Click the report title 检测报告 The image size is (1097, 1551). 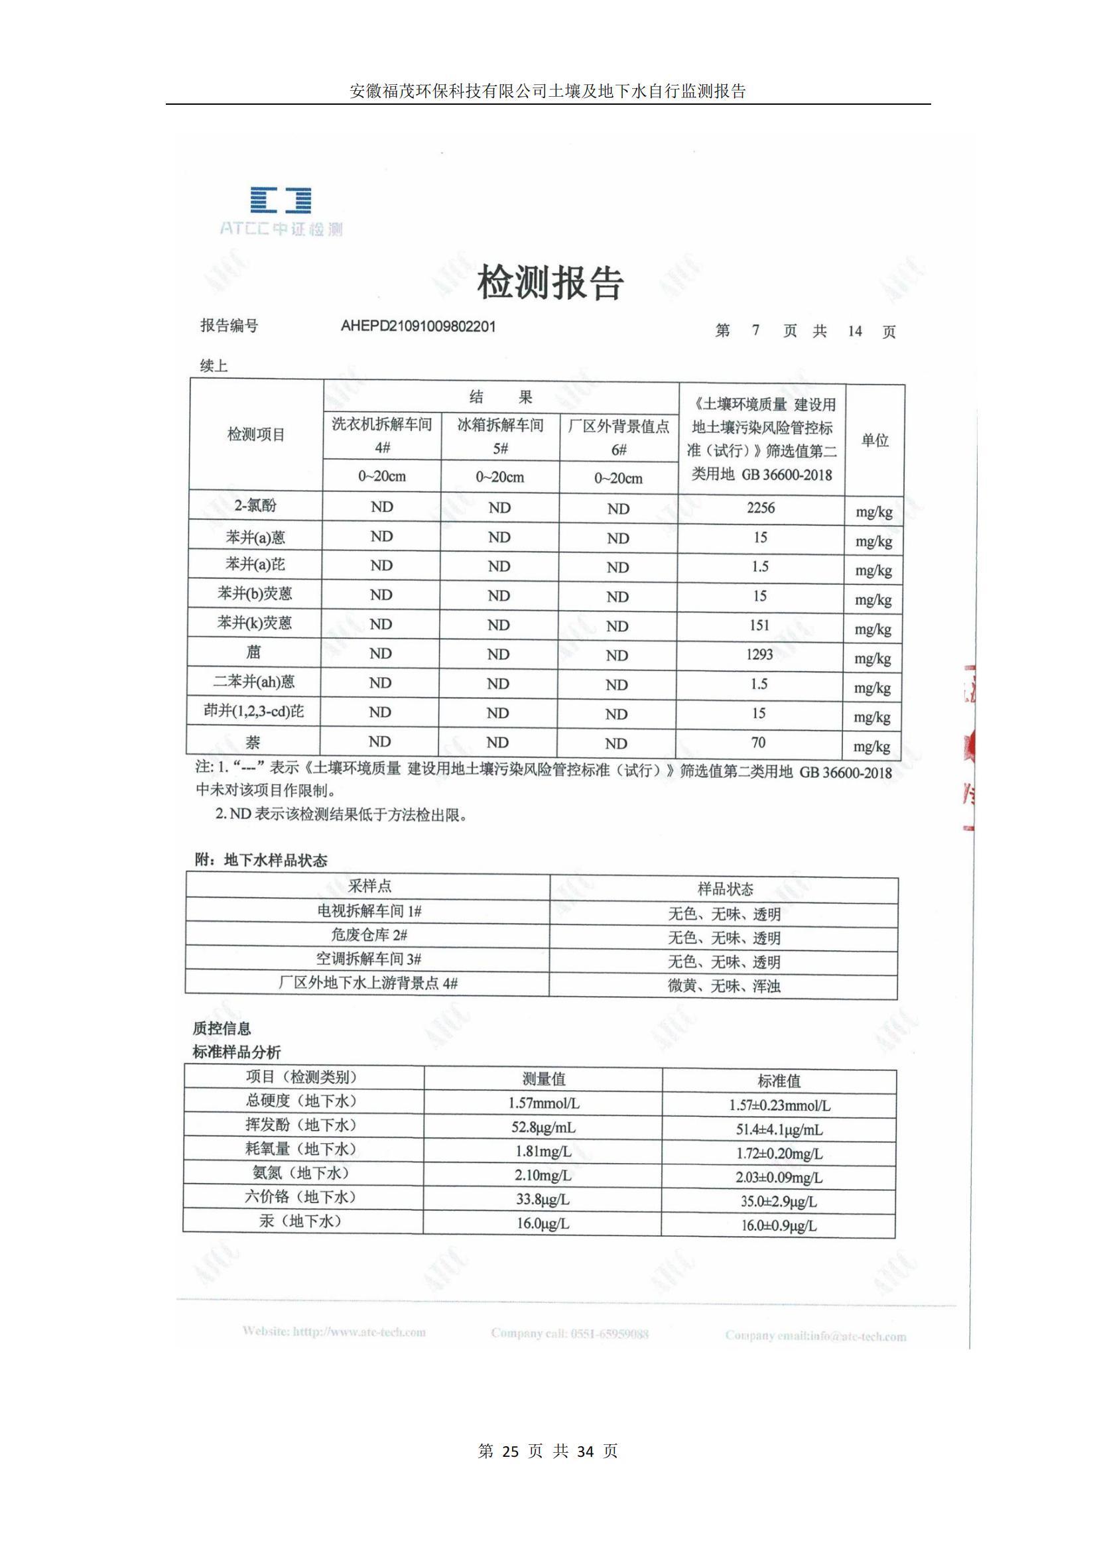click(x=550, y=282)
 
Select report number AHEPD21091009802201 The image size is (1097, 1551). click(x=418, y=326)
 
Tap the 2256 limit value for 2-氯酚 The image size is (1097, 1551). click(x=761, y=508)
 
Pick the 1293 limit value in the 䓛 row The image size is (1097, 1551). click(x=760, y=654)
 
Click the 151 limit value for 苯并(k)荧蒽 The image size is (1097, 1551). click(x=760, y=625)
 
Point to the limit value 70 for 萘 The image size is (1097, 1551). click(x=759, y=743)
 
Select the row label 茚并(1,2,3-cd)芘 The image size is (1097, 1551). click(x=254, y=712)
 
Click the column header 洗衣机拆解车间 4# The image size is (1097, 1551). click(x=382, y=436)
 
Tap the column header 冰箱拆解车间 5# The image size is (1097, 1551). click(x=500, y=436)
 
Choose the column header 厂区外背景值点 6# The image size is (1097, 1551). click(x=619, y=438)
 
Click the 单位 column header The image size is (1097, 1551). click(x=875, y=440)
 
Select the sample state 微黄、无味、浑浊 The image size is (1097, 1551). click(x=724, y=985)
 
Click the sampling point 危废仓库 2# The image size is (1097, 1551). click(x=369, y=935)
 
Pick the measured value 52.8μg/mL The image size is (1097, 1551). click(x=543, y=1127)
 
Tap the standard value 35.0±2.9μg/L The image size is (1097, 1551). click(x=779, y=1201)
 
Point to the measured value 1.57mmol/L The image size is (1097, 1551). click(x=544, y=1103)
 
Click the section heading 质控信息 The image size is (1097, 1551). click(x=222, y=1028)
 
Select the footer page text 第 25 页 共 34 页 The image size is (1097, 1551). click(x=548, y=1451)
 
